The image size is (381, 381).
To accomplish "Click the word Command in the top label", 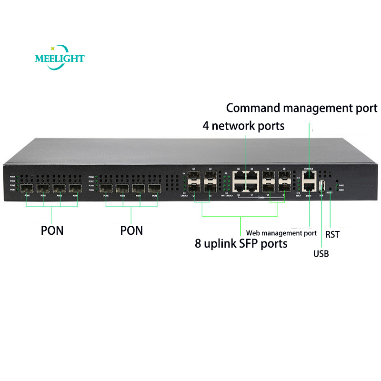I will point(252,108).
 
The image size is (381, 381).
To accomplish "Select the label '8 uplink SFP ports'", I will point(241,243).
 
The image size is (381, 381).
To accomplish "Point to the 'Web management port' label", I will point(281,233).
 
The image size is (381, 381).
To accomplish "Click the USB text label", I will point(321,253).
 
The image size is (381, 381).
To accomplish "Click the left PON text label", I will point(52,231).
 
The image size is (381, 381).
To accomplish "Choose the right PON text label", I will point(131,231).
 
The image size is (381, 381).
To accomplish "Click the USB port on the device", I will point(322,185).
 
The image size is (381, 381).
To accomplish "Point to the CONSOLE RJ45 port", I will point(309,174).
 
